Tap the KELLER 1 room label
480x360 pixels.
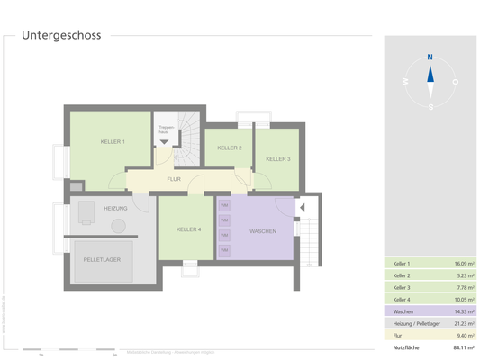click(113, 142)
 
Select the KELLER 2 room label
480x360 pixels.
click(230, 148)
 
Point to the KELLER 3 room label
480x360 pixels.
click(277, 159)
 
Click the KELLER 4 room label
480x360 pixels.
click(188, 229)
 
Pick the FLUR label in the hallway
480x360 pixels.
click(174, 180)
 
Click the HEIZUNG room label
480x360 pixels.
click(114, 209)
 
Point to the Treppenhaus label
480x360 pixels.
click(166, 130)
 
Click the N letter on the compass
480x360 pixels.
click(430, 57)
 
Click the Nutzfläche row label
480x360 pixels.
click(405, 346)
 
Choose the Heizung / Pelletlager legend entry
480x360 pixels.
click(415, 322)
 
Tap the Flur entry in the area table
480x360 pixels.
click(398, 334)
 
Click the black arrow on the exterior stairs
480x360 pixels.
click(303, 208)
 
